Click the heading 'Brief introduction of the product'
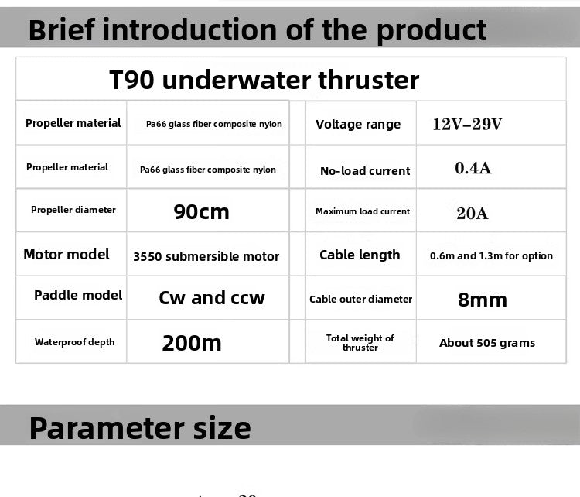tap(258, 30)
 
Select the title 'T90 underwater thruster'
tap(264, 80)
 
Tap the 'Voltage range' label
tap(358, 124)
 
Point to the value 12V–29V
tap(467, 124)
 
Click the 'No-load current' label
tap(365, 171)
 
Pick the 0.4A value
tap(473, 167)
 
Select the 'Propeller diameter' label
tap(73, 210)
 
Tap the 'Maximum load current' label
tap(363, 211)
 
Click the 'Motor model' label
tap(67, 255)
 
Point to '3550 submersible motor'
tap(206, 256)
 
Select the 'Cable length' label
tap(360, 255)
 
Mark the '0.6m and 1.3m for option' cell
tap(491, 256)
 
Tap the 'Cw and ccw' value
tap(211, 298)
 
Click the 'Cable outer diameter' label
tap(360, 300)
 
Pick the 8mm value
tap(482, 300)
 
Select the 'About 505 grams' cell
tap(486, 343)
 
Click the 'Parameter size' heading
tap(140, 427)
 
